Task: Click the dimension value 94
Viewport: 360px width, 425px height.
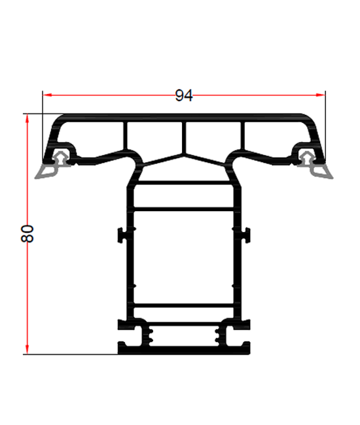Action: (x=184, y=95)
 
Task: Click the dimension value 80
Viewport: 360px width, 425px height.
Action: (x=27, y=233)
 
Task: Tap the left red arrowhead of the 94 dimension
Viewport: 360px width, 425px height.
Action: (x=48, y=95)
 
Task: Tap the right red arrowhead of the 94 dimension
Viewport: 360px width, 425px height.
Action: (x=320, y=95)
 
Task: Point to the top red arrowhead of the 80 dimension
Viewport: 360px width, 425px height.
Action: (x=27, y=119)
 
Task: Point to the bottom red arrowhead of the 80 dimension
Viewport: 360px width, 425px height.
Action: (x=27, y=349)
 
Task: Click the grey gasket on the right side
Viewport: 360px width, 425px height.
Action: (x=315, y=166)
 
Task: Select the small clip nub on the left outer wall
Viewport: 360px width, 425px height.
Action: (x=121, y=235)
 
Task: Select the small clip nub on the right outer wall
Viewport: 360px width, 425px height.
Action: (x=247, y=235)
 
